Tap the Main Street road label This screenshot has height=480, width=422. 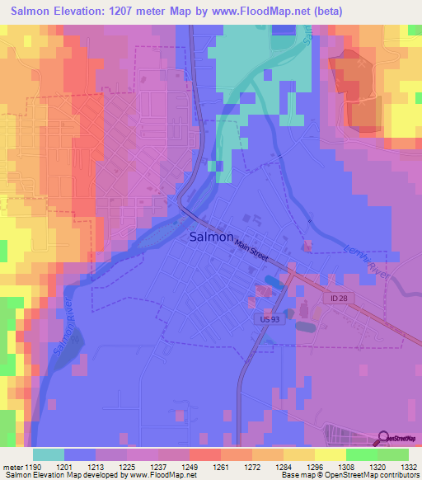tap(251, 250)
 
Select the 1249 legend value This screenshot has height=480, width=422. tap(190, 466)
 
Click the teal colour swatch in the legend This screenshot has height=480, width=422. tap(49, 454)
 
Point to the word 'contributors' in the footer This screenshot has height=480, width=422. tap(396, 475)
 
